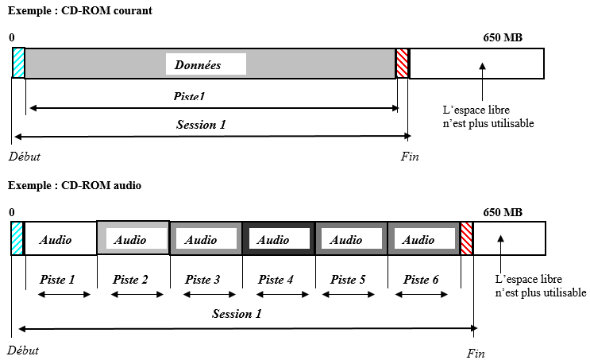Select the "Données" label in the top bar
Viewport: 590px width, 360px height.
click(205, 64)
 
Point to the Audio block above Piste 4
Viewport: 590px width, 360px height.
click(274, 239)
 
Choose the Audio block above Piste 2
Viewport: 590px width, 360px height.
click(131, 239)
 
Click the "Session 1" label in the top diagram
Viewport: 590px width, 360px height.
click(201, 124)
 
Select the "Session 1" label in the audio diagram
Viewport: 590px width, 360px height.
click(237, 313)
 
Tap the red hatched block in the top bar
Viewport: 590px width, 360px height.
click(403, 64)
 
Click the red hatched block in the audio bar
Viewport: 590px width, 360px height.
click(467, 238)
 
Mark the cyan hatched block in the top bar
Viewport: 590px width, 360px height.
click(18, 64)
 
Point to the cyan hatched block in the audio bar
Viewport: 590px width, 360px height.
click(17, 238)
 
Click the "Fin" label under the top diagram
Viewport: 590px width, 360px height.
click(410, 157)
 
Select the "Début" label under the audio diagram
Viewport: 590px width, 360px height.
click(23, 350)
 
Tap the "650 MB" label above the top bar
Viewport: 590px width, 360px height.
click(502, 37)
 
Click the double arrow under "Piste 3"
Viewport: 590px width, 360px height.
click(201, 295)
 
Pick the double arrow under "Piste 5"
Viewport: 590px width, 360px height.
click(346, 295)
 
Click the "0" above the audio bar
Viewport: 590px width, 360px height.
click(12, 212)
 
